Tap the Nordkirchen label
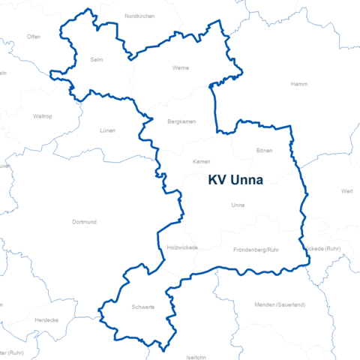pos(139,16)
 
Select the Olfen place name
pos(34,36)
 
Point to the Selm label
pos(96,58)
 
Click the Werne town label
pos(181,67)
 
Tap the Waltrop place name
pos(43,116)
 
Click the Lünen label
pos(108,130)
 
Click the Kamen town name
pos(201,162)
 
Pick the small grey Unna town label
pos(238,205)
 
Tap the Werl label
pos(346,191)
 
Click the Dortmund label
pos(83,222)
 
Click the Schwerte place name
pos(142,307)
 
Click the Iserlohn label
pos(196,358)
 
